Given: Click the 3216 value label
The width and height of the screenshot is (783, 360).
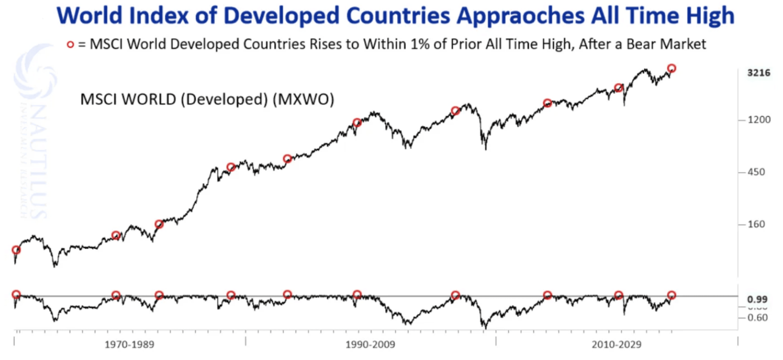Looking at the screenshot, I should click(759, 73).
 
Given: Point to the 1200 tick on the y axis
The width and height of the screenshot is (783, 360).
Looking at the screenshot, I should click(759, 120).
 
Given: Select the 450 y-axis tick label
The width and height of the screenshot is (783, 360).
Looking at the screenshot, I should click(756, 172).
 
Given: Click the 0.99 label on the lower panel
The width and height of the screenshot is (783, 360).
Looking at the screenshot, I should click(757, 300).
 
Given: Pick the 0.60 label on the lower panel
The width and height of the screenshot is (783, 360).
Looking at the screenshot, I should click(758, 318).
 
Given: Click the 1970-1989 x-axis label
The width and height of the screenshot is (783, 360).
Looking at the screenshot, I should click(130, 345).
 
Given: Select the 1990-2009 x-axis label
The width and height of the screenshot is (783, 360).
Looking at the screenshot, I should click(370, 345).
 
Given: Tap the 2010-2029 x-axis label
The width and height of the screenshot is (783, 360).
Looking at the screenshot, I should click(616, 345).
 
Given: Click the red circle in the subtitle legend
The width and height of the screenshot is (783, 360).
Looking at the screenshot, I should click(70, 45).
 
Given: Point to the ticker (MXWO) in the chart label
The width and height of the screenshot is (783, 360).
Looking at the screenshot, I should click(303, 99).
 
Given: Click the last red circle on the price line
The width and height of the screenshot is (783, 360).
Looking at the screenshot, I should click(672, 68).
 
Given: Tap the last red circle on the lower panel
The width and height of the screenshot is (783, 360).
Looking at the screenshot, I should click(672, 295).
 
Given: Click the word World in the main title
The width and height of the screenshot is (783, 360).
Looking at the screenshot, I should click(89, 16).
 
